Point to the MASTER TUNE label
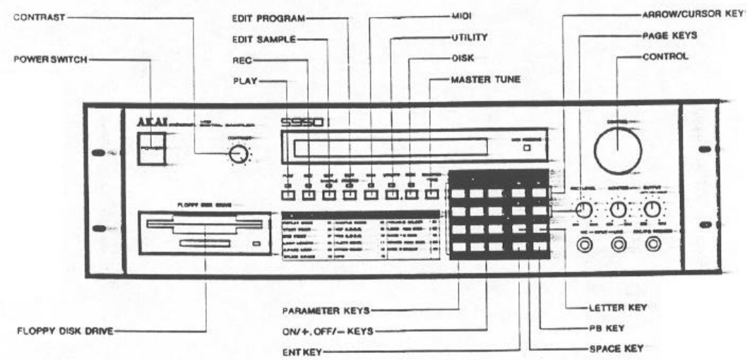[x=485, y=80]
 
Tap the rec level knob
[x=583, y=210]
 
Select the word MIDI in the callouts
[x=460, y=13]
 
